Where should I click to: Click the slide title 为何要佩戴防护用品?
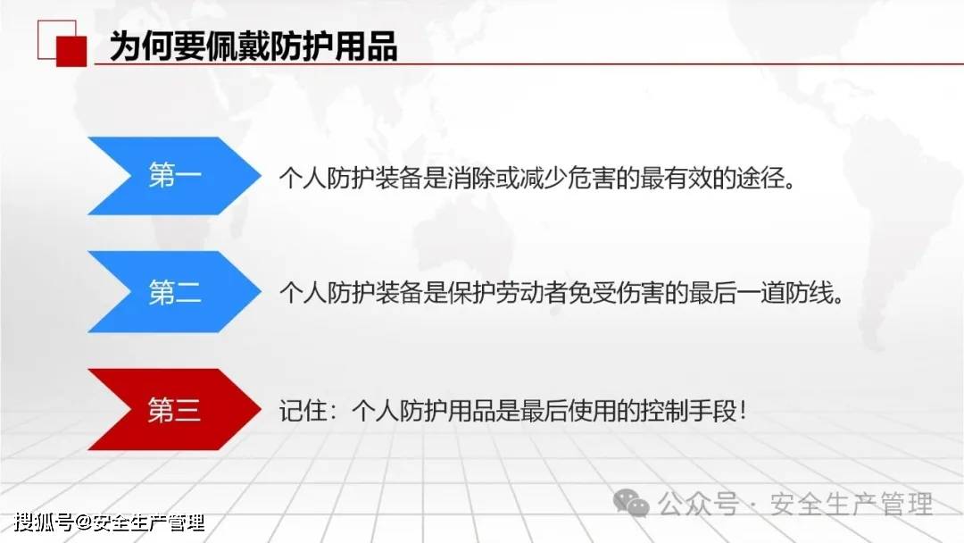(253, 46)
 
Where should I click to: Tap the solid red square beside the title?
(71, 51)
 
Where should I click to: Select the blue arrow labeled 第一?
(174, 176)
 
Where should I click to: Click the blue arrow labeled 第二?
(174, 292)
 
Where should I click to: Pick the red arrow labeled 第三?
(174, 410)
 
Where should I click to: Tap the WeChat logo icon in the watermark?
(631, 503)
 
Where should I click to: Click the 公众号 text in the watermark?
(698, 505)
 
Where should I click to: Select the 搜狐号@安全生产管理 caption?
(110, 522)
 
